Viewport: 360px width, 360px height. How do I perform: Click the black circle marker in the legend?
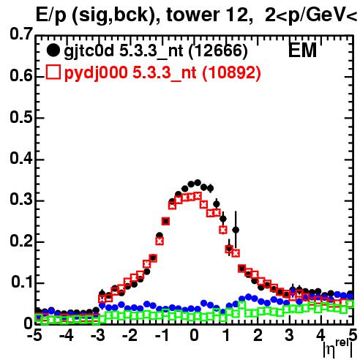(x=53, y=50)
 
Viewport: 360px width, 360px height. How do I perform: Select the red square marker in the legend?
(x=53, y=72)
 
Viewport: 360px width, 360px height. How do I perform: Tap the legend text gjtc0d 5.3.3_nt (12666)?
(x=156, y=51)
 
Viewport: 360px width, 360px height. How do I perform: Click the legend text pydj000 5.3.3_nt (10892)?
(x=162, y=73)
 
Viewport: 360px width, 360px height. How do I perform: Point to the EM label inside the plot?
(x=302, y=50)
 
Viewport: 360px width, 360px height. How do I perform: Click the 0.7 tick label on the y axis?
(x=21, y=34)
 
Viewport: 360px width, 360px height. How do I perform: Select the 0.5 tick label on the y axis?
(x=21, y=117)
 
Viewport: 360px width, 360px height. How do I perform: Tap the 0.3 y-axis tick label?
(x=21, y=200)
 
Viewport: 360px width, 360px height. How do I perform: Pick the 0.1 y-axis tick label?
(x=21, y=282)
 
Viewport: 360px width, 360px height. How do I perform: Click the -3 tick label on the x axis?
(x=97, y=335)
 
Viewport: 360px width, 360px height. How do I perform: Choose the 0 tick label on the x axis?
(x=194, y=335)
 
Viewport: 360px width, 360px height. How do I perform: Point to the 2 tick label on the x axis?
(x=258, y=335)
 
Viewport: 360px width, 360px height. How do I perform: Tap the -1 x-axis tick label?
(x=161, y=335)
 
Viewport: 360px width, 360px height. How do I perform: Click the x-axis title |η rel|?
(x=338, y=348)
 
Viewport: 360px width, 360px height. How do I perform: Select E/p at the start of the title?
(x=50, y=15)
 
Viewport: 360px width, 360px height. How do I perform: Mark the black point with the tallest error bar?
(x=236, y=230)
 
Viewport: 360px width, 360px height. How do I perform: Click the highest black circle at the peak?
(x=198, y=183)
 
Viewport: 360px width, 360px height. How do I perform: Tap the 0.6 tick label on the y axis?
(x=21, y=75)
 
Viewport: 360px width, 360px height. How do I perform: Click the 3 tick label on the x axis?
(x=290, y=335)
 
